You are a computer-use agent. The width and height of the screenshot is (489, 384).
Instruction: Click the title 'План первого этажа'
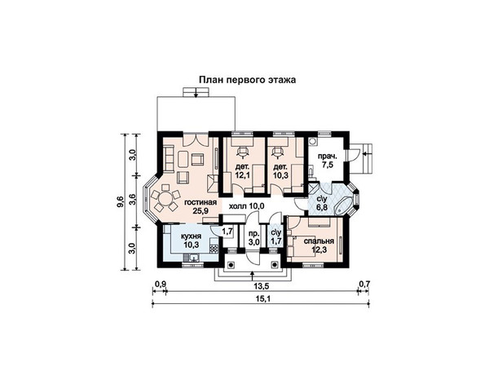click(x=247, y=80)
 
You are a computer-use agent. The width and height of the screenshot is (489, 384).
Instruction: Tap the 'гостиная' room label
click(x=200, y=202)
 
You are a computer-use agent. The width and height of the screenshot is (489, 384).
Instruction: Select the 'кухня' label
click(x=191, y=236)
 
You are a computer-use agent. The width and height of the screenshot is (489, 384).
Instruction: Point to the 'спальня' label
click(x=319, y=241)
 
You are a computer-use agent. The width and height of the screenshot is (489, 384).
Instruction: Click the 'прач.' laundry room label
click(x=327, y=157)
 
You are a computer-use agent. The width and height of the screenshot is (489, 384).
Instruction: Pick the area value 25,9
click(x=200, y=211)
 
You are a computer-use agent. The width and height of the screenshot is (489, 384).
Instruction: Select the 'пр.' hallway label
click(x=253, y=234)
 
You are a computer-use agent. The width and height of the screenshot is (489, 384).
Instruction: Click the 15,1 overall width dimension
click(x=262, y=298)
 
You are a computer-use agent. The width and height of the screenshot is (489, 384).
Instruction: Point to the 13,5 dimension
click(x=262, y=285)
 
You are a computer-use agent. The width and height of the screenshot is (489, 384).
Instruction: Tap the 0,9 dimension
click(x=160, y=285)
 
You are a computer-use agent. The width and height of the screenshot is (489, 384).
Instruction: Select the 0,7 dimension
click(x=364, y=285)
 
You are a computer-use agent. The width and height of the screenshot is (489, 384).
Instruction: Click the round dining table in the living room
click(x=165, y=198)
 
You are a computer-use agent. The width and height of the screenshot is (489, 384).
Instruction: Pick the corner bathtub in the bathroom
click(x=343, y=205)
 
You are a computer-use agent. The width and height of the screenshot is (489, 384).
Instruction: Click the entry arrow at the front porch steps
click(x=252, y=276)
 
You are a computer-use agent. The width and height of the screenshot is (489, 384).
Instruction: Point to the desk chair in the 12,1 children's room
click(x=243, y=151)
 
